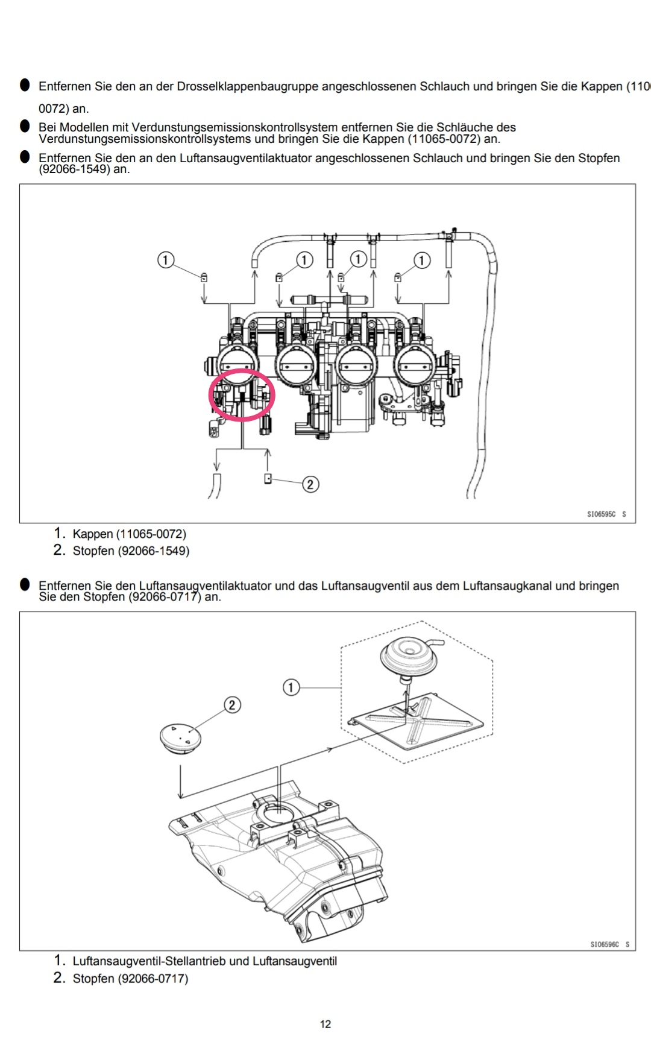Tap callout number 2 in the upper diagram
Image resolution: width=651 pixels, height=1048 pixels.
310,484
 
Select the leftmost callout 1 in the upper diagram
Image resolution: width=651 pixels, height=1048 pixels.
166,260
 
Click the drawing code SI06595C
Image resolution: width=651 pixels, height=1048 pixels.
602,514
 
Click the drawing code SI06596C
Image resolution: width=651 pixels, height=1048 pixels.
605,944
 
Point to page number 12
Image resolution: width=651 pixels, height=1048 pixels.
325,1024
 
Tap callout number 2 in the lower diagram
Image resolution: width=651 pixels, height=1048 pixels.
232,705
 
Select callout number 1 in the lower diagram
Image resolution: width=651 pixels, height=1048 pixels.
291,687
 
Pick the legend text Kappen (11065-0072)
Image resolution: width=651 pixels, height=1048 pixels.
130,534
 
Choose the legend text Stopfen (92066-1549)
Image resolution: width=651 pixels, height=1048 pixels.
131,551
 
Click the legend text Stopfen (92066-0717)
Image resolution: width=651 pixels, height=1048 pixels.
130,978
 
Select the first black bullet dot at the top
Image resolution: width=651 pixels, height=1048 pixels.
25,85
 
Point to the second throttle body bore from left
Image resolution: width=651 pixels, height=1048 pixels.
297,365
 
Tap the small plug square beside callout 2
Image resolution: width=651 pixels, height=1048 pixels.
268,479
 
